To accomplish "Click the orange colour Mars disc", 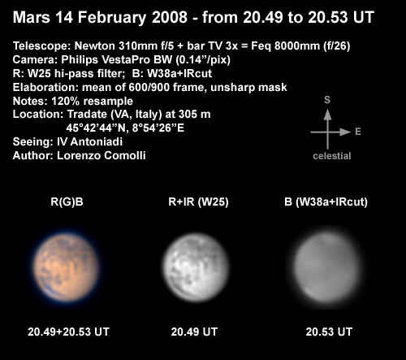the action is [x=67, y=267].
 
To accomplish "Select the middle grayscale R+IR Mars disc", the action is [x=196, y=267].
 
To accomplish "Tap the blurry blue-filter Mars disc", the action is [x=327, y=267].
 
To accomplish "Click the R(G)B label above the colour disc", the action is [x=67, y=202].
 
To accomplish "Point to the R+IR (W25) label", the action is [x=198, y=202].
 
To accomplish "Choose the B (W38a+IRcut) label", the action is [x=326, y=202].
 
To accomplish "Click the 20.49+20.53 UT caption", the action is [x=68, y=332].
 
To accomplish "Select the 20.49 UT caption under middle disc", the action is [x=194, y=332].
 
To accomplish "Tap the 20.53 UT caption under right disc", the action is [x=329, y=332].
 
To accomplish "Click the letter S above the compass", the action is [x=327, y=100].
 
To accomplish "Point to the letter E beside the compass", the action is [x=358, y=132].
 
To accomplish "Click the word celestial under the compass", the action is [x=332, y=156].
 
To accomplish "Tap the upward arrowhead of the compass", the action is [x=327, y=115].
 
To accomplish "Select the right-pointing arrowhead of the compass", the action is [x=345, y=132].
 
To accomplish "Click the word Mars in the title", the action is [x=32, y=17].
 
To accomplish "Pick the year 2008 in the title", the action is [x=170, y=17].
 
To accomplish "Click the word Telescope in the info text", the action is [x=41, y=46].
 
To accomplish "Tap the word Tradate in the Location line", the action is [x=87, y=115].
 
